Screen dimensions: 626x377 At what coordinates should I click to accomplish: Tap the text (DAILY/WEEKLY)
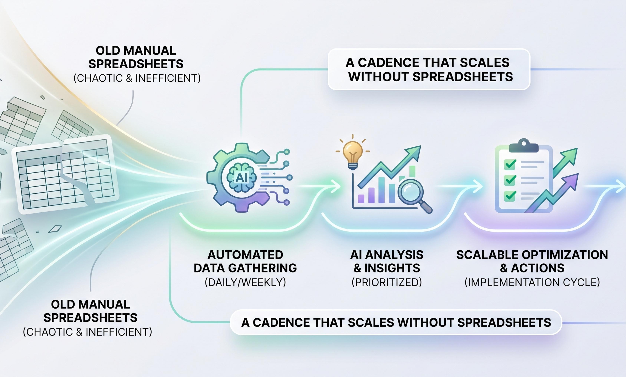pos(245,282)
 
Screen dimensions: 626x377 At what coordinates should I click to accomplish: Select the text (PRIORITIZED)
pos(387,282)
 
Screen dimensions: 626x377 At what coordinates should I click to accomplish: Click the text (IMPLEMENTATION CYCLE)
pos(532,282)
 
